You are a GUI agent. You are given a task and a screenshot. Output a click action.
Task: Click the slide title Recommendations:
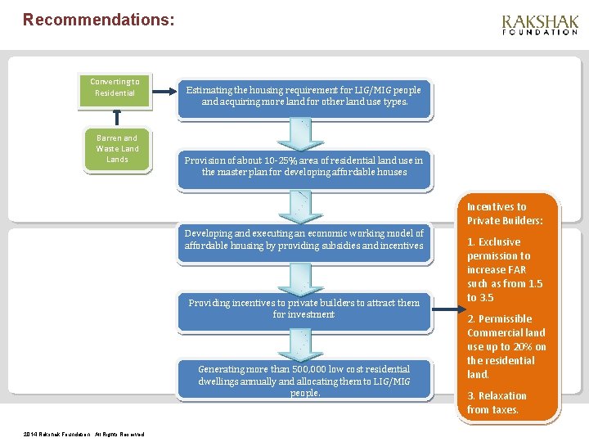[98, 19]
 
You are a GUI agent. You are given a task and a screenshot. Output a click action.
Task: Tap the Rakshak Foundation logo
[540, 25]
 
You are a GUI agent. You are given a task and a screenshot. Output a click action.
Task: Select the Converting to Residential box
[115, 88]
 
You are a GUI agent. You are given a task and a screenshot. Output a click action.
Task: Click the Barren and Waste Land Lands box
[117, 148]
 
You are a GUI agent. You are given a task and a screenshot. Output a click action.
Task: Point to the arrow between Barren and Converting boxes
[116, 117]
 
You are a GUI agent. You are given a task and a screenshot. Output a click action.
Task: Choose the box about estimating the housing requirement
[304, 97]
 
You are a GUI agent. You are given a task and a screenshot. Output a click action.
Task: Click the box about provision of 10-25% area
[304, 166]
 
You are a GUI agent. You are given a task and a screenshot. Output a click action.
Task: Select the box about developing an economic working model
[304, 239]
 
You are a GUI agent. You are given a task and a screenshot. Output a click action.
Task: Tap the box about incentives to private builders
[304, 309]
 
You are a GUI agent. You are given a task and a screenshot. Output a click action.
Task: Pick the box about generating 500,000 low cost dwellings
[304, 381]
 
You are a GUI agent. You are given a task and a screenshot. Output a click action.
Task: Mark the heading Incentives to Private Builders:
[505, 214]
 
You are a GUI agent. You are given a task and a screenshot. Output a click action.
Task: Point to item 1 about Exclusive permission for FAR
[505, 269]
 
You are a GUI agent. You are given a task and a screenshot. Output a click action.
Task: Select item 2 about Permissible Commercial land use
[506, 346]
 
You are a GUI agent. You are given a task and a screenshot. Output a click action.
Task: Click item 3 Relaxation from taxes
[497, 403]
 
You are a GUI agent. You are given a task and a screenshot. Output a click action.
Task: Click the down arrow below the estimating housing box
[304, 132]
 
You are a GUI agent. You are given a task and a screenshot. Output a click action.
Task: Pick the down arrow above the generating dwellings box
[304, 345]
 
